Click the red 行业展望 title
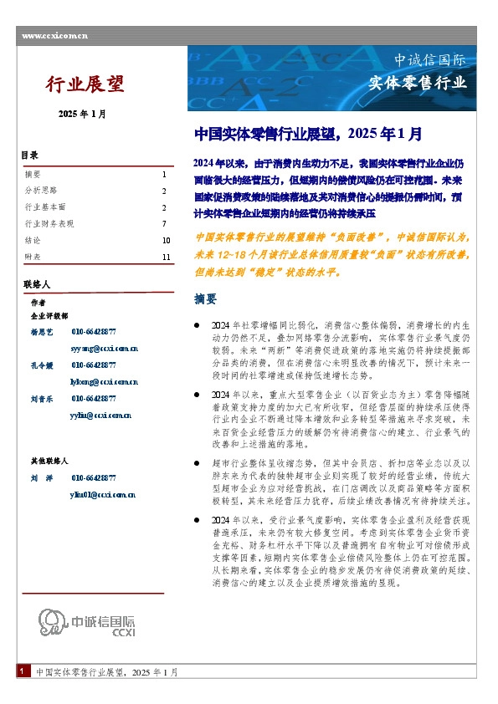(x=85, y=84)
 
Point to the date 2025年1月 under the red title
(x=82, y=115)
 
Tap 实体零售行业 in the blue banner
(x=418, y=83)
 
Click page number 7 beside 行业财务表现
(x=164, y=223)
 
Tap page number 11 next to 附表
(x=166, y=257)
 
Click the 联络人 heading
(x=37, y=285)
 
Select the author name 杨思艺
(x=42, y=332)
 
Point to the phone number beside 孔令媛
(x=94, y=365)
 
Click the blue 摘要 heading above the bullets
(x=205, y=298)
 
